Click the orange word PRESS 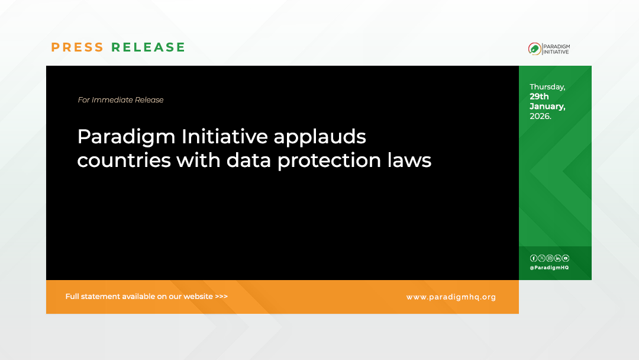pos(78,47)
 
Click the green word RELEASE pos(149,47)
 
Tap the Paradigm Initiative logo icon pos(534,49)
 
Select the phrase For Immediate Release pos(121,100)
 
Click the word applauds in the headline pos(319,137)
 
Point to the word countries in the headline pos(124,160)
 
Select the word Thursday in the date pos(547,87)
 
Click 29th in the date pos(539,97)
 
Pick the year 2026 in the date pos(540,116)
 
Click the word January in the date pos(547,107)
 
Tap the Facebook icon pos(534,258)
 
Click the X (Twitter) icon pos(541,258)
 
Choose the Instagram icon pos(550,258)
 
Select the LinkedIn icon pos(557,258)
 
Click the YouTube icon pos(566,258)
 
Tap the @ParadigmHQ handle pos(549,268)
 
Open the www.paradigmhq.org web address pos(451,297)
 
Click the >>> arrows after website pos(221,297)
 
